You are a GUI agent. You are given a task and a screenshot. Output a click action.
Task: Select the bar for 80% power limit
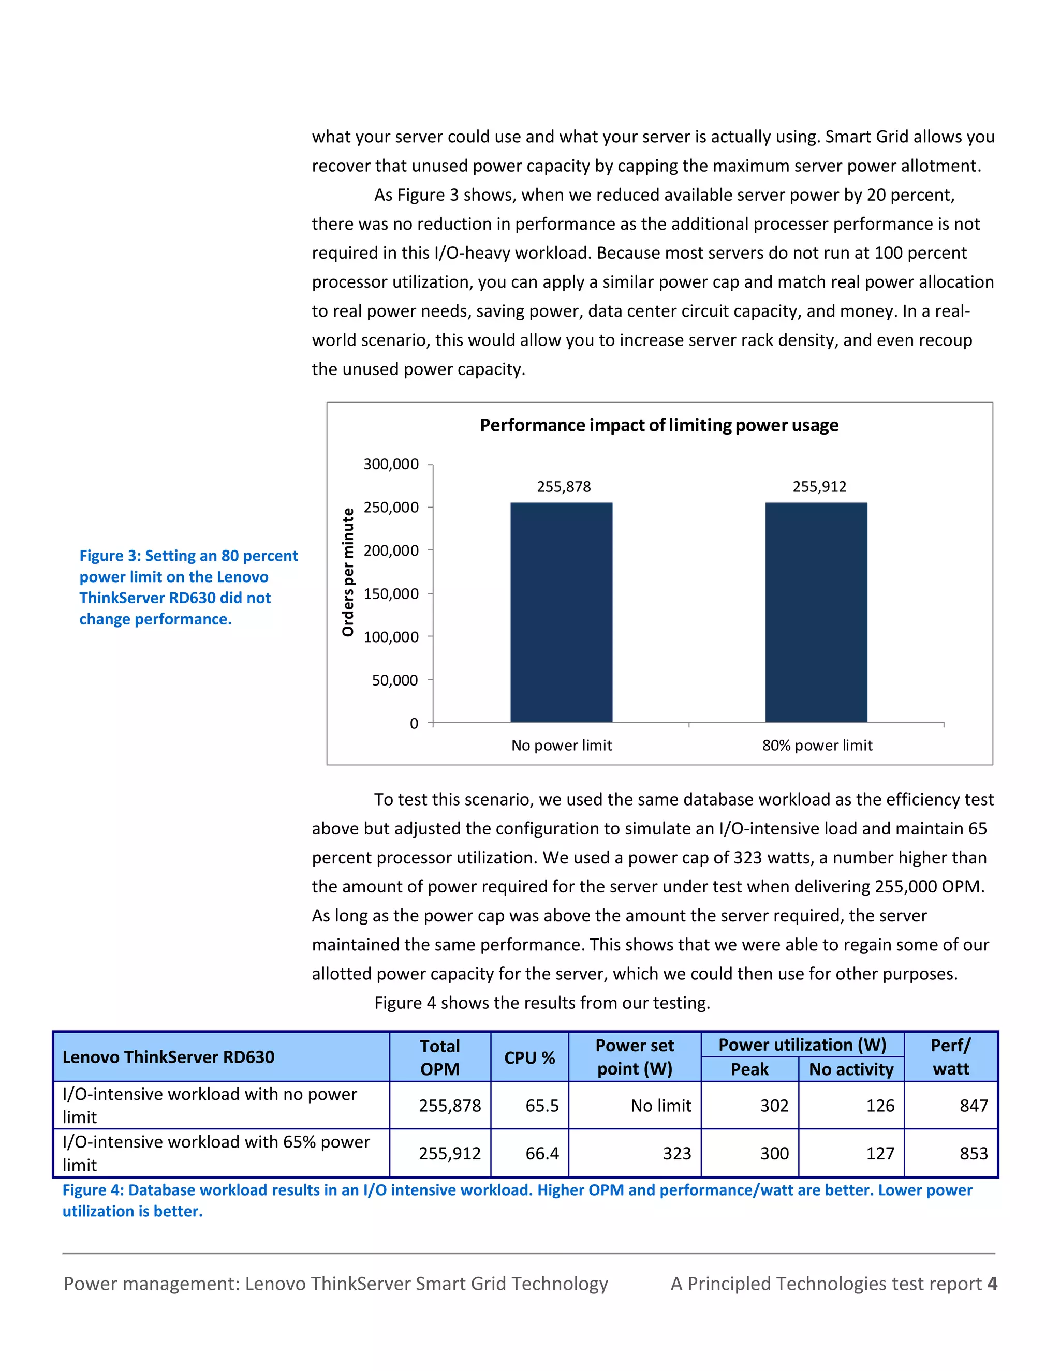tap(816, 612)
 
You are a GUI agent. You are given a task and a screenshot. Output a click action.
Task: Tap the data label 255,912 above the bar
tap(819, 486)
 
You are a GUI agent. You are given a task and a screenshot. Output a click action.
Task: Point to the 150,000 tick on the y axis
tap(391, 594)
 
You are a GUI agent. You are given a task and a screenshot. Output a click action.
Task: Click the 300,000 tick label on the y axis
tap(391, 464)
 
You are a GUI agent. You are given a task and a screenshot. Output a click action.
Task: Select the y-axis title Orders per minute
tap(348, 572)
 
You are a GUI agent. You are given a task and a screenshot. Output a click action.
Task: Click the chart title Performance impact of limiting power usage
tap(659, 425)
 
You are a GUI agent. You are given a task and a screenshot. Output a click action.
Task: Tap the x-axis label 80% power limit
tap(817, 745)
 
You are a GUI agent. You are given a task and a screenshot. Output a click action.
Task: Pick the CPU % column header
tap(529, 1058)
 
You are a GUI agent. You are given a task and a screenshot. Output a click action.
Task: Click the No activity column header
tap(851, 1069)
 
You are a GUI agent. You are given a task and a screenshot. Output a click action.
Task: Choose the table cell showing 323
tap(676, 1153)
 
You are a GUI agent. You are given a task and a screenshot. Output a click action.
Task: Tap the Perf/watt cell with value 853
tap(974, 1153)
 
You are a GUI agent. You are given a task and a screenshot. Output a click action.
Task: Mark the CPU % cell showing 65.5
tap(542, 1106)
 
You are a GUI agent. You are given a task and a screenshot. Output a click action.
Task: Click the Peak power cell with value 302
tap(774, 1106)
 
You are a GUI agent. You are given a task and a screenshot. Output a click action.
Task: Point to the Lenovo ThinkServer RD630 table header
tap(168, 1057)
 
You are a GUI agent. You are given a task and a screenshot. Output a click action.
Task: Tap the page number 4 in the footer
tap(992, 1284)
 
